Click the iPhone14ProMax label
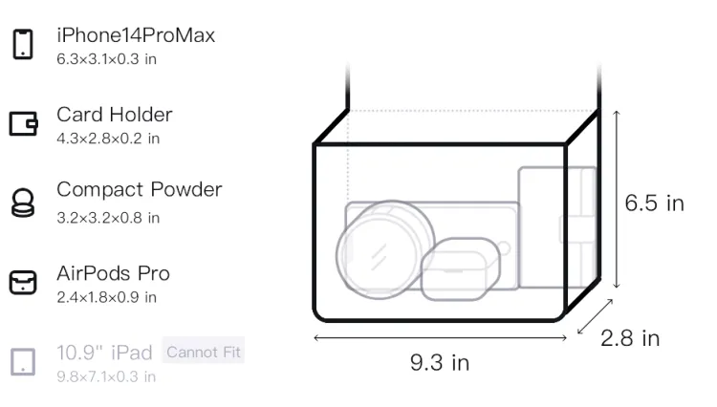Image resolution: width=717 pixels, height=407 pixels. (136, 35)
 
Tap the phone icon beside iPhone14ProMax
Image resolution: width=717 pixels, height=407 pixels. (23, 44)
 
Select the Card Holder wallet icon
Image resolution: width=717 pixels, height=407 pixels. (23, 123)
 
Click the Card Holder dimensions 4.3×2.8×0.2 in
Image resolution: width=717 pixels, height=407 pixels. (108, 139)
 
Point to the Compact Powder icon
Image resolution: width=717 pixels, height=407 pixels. (23, 203)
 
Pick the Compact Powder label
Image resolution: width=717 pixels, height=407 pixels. (140, 189)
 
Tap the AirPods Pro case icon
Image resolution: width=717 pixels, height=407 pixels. (23, 282)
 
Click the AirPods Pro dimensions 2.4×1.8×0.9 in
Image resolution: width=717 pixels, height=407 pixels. (106, 297)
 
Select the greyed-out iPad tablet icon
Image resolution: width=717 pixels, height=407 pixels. (23, 362)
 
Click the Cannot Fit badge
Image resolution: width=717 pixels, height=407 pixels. (204, 352)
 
